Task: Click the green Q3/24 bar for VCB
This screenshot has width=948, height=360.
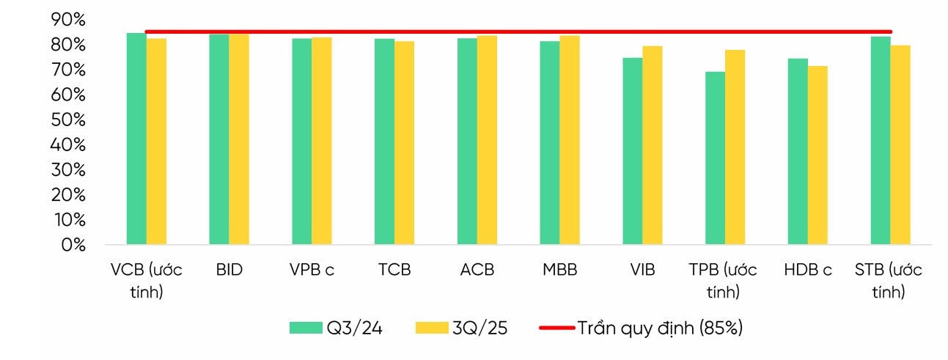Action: [136, 139]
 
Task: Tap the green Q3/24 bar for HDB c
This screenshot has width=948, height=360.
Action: [798, 151]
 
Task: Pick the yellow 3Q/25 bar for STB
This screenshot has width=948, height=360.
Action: [900, 144]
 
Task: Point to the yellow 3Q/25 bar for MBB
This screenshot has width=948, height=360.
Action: [570, 139]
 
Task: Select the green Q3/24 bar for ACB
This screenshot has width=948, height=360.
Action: [467, 141]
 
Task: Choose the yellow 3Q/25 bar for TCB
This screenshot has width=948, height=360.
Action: [404, 142]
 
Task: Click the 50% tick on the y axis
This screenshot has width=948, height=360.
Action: [69, 120]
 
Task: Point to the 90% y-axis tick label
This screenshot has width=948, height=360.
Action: [69, 21]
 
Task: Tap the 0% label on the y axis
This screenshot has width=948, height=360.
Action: [73, 245]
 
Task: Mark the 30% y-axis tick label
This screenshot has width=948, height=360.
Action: [69, 170]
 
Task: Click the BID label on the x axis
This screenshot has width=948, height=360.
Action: [229, 270]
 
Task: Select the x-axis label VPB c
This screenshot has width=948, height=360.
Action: [312, 270]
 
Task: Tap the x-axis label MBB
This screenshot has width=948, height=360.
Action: [559, 270]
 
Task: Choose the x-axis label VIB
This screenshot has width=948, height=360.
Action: [642, 270]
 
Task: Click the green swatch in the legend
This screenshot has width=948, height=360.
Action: [306, 328]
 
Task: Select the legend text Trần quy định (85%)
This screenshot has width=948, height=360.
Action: [659, 328]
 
